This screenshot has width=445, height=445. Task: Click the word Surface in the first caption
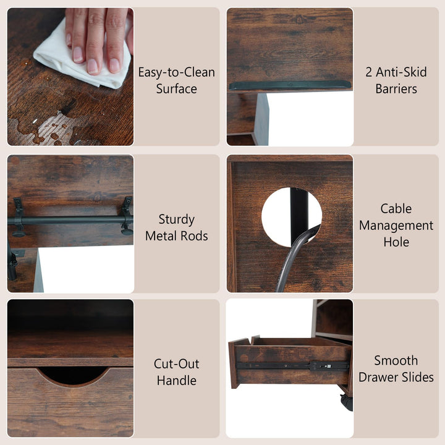(177, 89)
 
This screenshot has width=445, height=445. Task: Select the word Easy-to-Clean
(177, 72)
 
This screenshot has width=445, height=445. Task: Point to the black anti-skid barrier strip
(290, 85)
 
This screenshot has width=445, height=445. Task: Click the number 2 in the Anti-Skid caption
(368, 72)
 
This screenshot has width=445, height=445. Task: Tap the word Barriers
(396, 89)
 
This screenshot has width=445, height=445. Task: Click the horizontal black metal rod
(70, 220)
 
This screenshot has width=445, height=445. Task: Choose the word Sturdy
(177, 219)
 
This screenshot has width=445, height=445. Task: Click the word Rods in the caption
(195, 236)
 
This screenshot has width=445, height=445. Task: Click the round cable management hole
(292, 217)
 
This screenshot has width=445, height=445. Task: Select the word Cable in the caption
(396, 209)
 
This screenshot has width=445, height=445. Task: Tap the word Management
(396, 226)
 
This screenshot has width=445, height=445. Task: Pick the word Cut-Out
(177, 364)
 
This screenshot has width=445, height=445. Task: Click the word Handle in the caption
(177, 381)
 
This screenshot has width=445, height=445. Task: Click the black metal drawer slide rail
(292, 365)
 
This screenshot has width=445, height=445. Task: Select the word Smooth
(396, 361)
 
